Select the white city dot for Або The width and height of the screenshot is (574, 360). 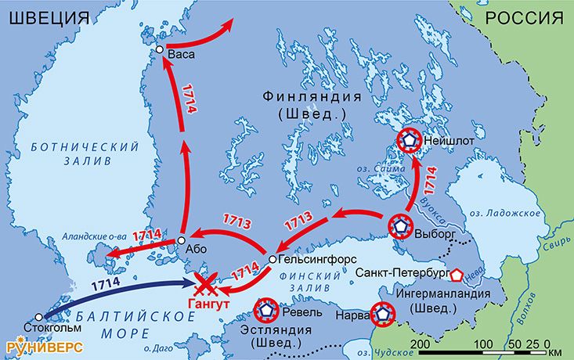(x=181, y=240)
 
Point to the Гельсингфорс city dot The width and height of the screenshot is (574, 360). (x=272, y=258)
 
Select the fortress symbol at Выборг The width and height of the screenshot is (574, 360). (x=401, y=226)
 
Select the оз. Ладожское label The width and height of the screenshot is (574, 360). (x=515, y=214)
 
